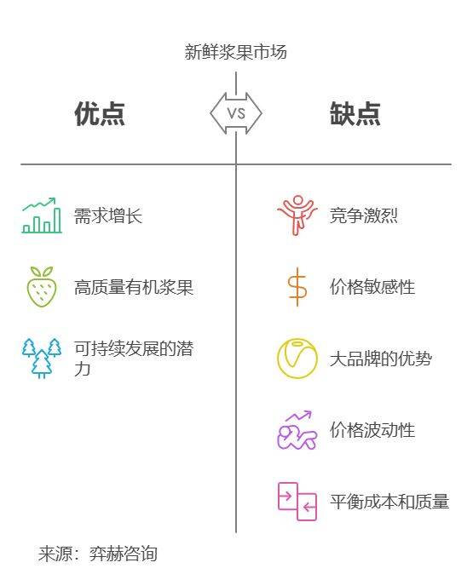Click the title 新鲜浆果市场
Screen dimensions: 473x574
coord(235,52)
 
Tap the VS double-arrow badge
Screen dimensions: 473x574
coord(236,113)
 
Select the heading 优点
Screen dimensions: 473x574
coord(100,114)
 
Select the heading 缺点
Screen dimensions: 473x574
coord(355,114)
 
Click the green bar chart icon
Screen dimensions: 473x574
coord(42,215)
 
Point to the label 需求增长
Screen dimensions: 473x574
coord(108,215)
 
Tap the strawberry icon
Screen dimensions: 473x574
coord(42,287)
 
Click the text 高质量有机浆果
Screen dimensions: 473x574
coord(134,287)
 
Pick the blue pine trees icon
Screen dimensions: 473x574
coord(42,359)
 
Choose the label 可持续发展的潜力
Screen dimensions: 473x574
coord(134,359)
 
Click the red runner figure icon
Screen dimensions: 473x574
coord(297,215)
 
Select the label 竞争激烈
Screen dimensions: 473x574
coord(363,215)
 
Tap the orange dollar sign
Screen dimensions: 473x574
coord(297,287)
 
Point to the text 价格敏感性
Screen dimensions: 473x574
coord(372,287)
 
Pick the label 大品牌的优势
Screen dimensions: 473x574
coord(381,359)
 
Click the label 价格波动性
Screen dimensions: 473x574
coord(372,430)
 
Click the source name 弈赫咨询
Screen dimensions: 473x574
coord(123,554)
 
